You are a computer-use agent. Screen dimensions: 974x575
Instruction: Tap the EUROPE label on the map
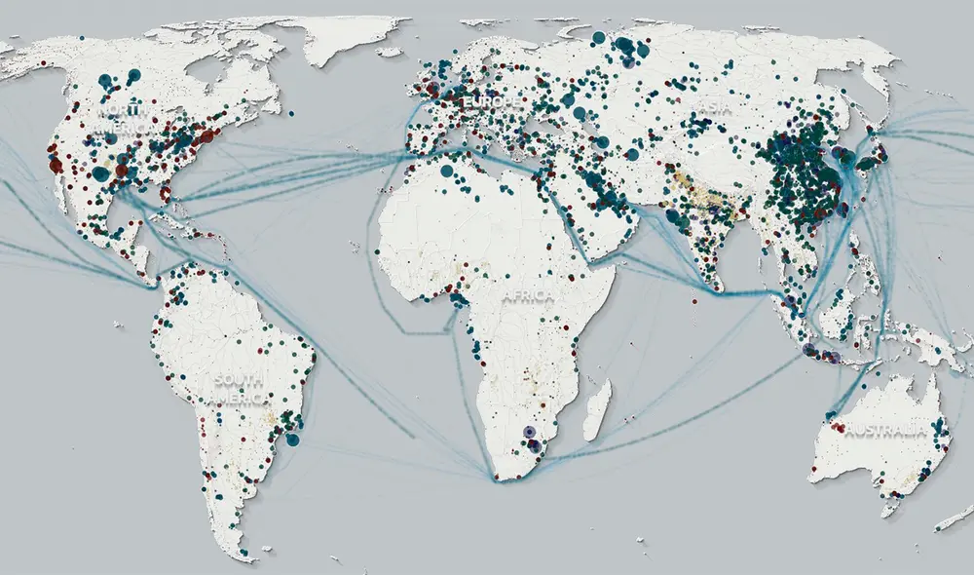click(487, 101)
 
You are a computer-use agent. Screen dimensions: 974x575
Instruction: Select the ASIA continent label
click(714, 110)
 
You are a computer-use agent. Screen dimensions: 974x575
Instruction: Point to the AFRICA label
click(529, 295)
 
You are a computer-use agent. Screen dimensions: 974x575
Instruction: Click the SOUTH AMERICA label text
click(240, 390)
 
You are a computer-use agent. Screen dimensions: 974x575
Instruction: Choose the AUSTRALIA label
click(885, 432)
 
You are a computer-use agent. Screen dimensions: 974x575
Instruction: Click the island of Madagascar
click(597, 409)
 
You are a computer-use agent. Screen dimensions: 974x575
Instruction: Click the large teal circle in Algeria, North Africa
click(447, 172)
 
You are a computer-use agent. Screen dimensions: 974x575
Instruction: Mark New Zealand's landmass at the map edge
click(955, 519)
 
